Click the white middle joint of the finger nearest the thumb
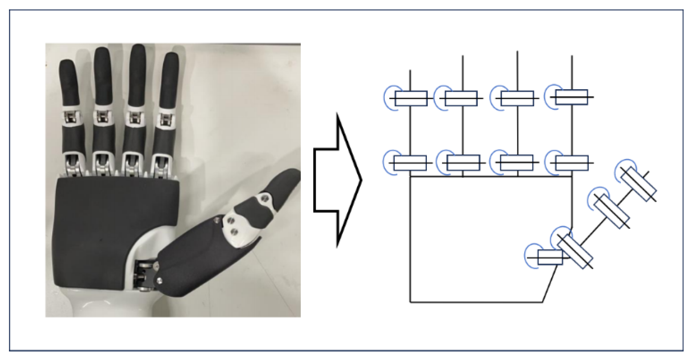[165, 118]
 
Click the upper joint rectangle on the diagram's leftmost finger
[411, 98]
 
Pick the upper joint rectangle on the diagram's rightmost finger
[572, 97]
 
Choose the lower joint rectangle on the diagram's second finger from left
[463, 163]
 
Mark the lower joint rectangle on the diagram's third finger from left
[516, 163]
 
